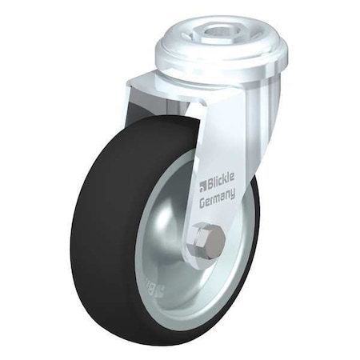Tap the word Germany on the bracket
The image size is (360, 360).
[x=217, y=198]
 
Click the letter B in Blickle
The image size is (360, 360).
[x=207, y=184]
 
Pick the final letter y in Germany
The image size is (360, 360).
[x=233, y=193]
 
